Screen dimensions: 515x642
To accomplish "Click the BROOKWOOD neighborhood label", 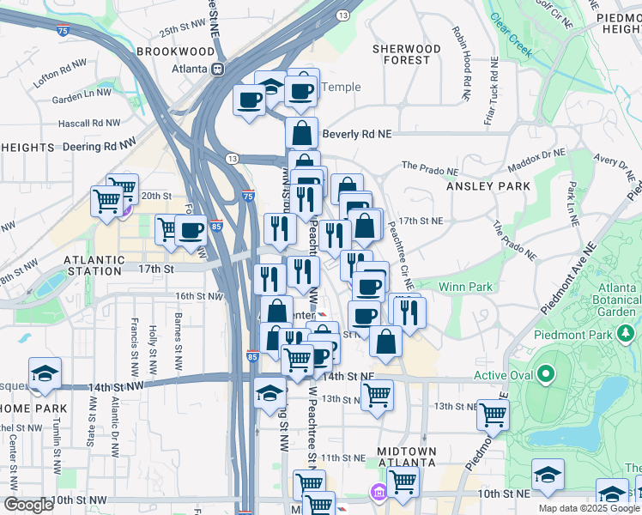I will (174, 51).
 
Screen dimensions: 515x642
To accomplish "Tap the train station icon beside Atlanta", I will (219, 69).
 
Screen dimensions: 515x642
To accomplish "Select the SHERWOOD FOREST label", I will (406, 55).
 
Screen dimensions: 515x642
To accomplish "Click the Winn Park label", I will (465, 286).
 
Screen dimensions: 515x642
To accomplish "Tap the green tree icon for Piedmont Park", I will (627, 333).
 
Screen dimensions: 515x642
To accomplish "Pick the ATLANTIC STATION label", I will (94, 260).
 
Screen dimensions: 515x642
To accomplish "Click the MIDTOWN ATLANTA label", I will (407, 457).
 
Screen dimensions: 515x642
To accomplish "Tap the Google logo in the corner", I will (27, 505).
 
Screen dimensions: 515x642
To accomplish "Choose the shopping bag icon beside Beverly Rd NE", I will (301, 133).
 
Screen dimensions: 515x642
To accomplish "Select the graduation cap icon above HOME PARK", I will (45, 373).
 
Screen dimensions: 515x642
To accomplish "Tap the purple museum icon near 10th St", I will (377, 493).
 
